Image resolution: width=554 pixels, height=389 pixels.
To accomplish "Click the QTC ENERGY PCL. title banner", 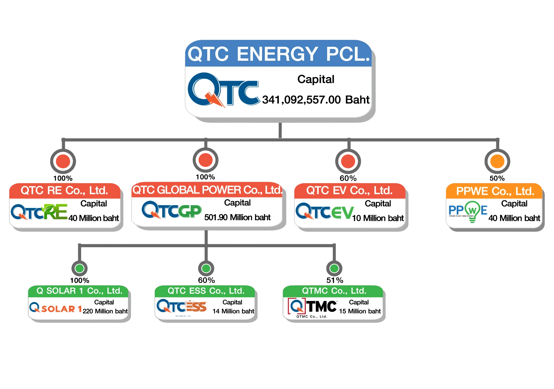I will (x=278, y=54).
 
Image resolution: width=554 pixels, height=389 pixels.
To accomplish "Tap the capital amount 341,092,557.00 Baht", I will (x=315, y=100).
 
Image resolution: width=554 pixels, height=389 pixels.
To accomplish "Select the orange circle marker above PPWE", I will (x=497, y=161).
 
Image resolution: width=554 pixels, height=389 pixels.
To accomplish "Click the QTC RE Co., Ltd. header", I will (x=64, y=191).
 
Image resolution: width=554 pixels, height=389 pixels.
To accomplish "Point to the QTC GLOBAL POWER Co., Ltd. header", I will (x=207, y=190).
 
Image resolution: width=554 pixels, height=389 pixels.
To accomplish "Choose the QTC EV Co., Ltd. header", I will (x=349, y=191).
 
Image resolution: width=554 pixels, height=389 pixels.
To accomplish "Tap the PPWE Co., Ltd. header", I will (x=495, y=191).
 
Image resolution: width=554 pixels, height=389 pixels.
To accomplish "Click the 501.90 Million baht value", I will (x=237, y=218).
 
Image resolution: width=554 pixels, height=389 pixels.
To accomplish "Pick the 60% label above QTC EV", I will (x=348, y=178).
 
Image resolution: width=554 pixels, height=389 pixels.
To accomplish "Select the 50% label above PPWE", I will (x=497, y=178).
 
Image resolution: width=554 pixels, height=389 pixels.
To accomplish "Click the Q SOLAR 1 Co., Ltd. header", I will (x=79, y=291).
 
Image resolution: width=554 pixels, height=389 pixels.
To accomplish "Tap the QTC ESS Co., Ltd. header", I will (x=206, y=291).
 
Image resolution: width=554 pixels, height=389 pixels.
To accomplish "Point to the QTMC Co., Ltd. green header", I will (x=334, y=291).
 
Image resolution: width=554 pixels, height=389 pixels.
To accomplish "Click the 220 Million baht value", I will (x=105, y=311).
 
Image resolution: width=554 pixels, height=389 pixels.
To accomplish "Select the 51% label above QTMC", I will (x=335, y=280).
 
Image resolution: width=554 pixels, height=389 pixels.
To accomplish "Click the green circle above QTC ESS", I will (x=206, y=268).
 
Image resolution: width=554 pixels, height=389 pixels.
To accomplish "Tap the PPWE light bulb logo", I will (x=472, y=211).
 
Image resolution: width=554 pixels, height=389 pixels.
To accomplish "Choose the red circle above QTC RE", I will (x=63, y=161).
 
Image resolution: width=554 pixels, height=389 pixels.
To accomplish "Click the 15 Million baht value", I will (x=360, y=311).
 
